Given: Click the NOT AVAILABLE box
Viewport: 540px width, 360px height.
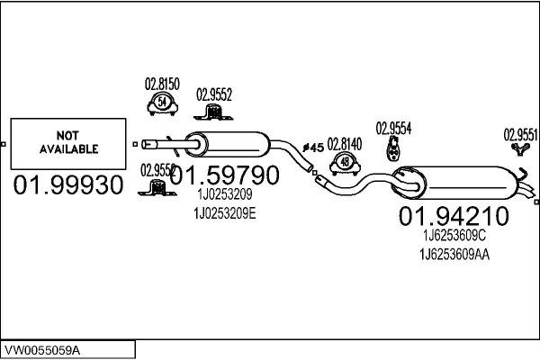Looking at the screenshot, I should pyautogui.click(x=67, y=144).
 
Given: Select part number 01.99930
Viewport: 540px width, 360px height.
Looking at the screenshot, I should pyautogui.click(x=67, y=186).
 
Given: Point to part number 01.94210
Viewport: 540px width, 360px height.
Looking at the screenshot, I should pyautogui.click(x=454, y=217).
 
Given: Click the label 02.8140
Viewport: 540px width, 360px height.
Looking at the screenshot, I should pyautogui.click(x=344, y=143).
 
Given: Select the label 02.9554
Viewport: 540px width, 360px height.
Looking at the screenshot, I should pyautogui.click(x=393, y=129).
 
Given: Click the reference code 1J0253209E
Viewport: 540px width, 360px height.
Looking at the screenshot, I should pyautogui.click(x=225, y=213).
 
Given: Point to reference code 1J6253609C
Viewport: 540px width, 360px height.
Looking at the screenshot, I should pyautogui.click(x=454, y=236).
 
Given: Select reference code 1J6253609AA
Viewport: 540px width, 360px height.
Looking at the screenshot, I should pyautogui.click(x=454, y=255).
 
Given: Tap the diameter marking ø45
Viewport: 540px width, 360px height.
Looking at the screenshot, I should pyautogui.click(x=313, y=147).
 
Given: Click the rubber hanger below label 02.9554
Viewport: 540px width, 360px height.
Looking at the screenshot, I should pyautogui.click(x=393, y=150).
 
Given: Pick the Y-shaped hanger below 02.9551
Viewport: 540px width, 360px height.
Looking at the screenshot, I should pyautogui.click(x=519, y=151).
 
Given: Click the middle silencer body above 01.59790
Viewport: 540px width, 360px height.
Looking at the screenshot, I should pyautogui.click(x=229, y=144).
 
